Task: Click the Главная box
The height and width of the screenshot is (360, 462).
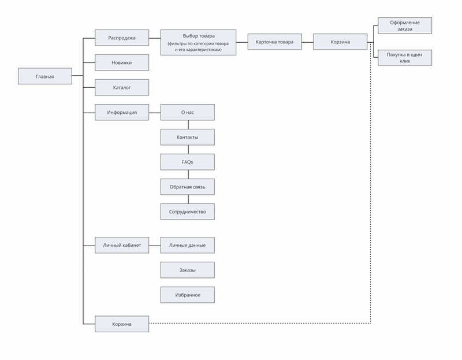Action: pyautogui.click(x=45, y=76)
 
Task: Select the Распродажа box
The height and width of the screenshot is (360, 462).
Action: pyautogui.click(x=122, y=38)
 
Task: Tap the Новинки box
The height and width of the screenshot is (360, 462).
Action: pyautogui.click(x=122, y=62)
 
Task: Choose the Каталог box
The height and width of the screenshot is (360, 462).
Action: pyautogui.click(x=122, y=87)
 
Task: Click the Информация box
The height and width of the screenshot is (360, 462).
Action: pyautogui.click(x=122, y=112)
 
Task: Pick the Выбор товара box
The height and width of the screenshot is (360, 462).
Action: pyautogui.click(x=198, y=42)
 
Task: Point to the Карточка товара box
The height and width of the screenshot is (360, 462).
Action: pyautogui.click(x=275, y=42)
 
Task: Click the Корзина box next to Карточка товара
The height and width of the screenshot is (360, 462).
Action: pyautogui.click(x=340, y=42)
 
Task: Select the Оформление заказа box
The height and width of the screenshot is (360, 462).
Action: pyautogui.click(x=405, y=25)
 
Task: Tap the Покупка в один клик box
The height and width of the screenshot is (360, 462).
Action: pyautogui.click(x=405, y=57)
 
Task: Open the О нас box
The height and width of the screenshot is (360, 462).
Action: pyautogui.click(x=187, y=112)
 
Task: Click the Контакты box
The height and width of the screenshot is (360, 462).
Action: pyautogui.click(x=187, y=137)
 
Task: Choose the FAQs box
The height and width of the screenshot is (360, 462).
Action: pyautogui.click(x=187, y=162)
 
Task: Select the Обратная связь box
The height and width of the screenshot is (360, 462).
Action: pyautogui.click(x=187, y=187)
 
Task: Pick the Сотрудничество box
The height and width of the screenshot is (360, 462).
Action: pyautogui.click(x=187, y=211)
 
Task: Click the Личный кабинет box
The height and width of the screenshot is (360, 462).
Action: pyautogui.click(x=122, y=245)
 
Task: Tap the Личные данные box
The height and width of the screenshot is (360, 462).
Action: pyautogui.click(x=187, y=245)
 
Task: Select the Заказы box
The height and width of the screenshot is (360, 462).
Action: pyautogui.click(x=187, y=270)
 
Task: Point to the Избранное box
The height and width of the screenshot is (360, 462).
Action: pyautogui.click(x=187, y=295)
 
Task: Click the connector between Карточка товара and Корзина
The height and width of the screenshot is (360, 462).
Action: pyautogui.click(x=307, y=42)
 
